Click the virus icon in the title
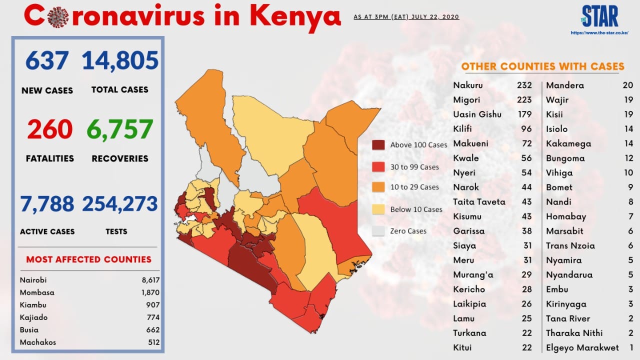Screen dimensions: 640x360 58,17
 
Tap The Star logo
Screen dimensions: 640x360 599,16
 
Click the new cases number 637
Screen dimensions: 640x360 47,60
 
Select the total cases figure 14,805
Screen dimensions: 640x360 120,60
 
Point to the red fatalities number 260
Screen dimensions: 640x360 50,129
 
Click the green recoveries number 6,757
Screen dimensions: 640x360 120,129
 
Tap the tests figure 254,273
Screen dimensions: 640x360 120,203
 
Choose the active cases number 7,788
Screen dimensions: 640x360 47,203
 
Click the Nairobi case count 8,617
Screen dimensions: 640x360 150,280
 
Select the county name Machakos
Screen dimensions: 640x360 38,342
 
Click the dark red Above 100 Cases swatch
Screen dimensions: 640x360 378,145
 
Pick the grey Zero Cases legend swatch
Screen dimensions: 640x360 378,231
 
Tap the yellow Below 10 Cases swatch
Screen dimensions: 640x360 378,209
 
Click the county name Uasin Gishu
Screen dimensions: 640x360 477,114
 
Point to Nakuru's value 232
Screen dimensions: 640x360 524,85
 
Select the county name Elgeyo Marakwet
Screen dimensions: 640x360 582,347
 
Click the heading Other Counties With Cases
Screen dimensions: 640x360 542,66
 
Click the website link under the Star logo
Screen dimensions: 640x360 599,33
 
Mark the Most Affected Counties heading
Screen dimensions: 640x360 89,259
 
